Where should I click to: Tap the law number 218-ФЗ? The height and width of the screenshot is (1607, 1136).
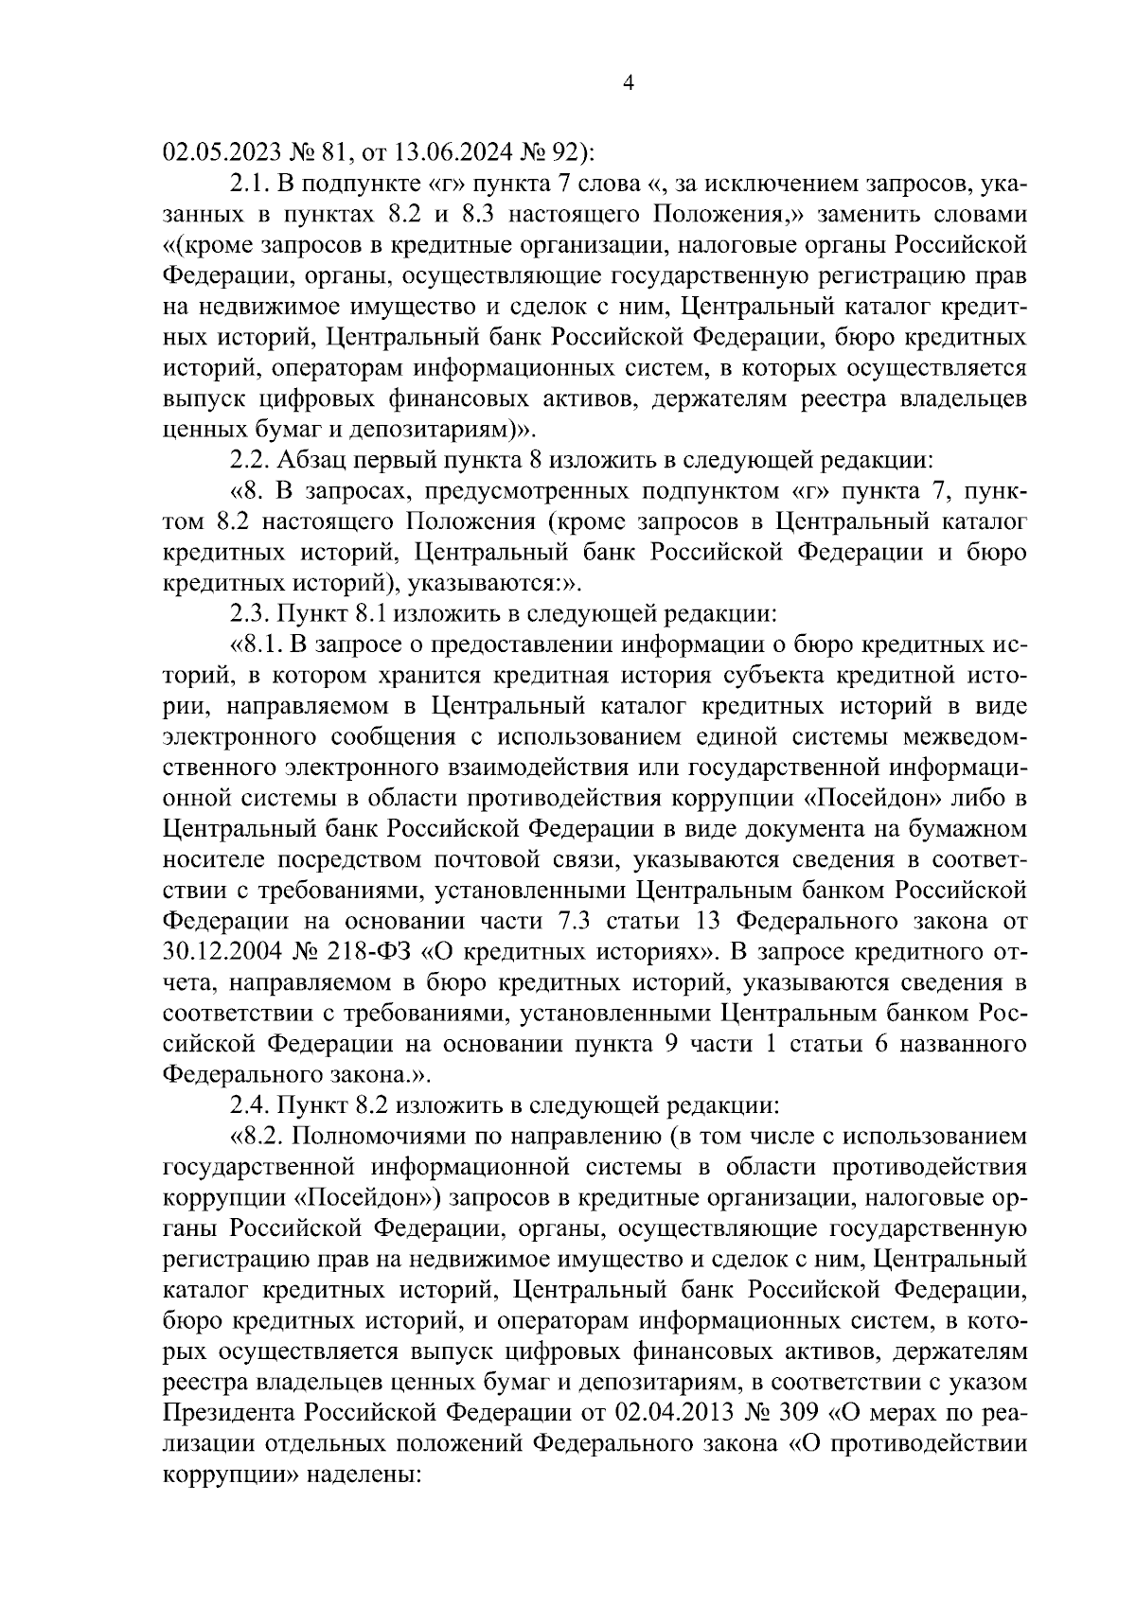378,950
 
